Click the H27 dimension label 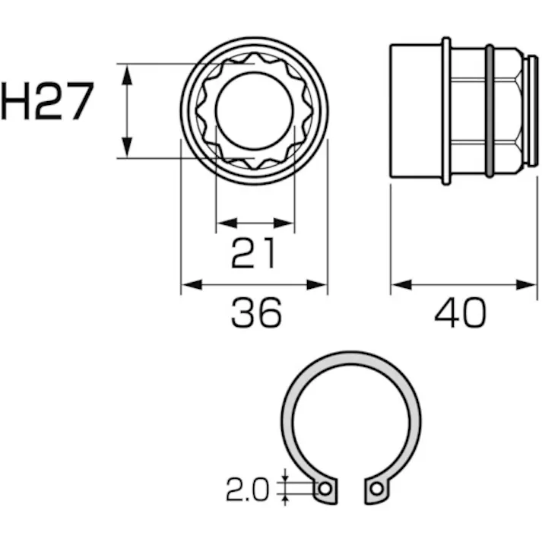(47, 102)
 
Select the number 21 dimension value (254, 252)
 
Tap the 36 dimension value (255, 312)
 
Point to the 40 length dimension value (460, 312)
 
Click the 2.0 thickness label (248, 491)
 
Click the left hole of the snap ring (325, 489)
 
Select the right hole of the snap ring (376, 489)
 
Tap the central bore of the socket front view (254, 111)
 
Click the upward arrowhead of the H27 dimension (127, 73)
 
